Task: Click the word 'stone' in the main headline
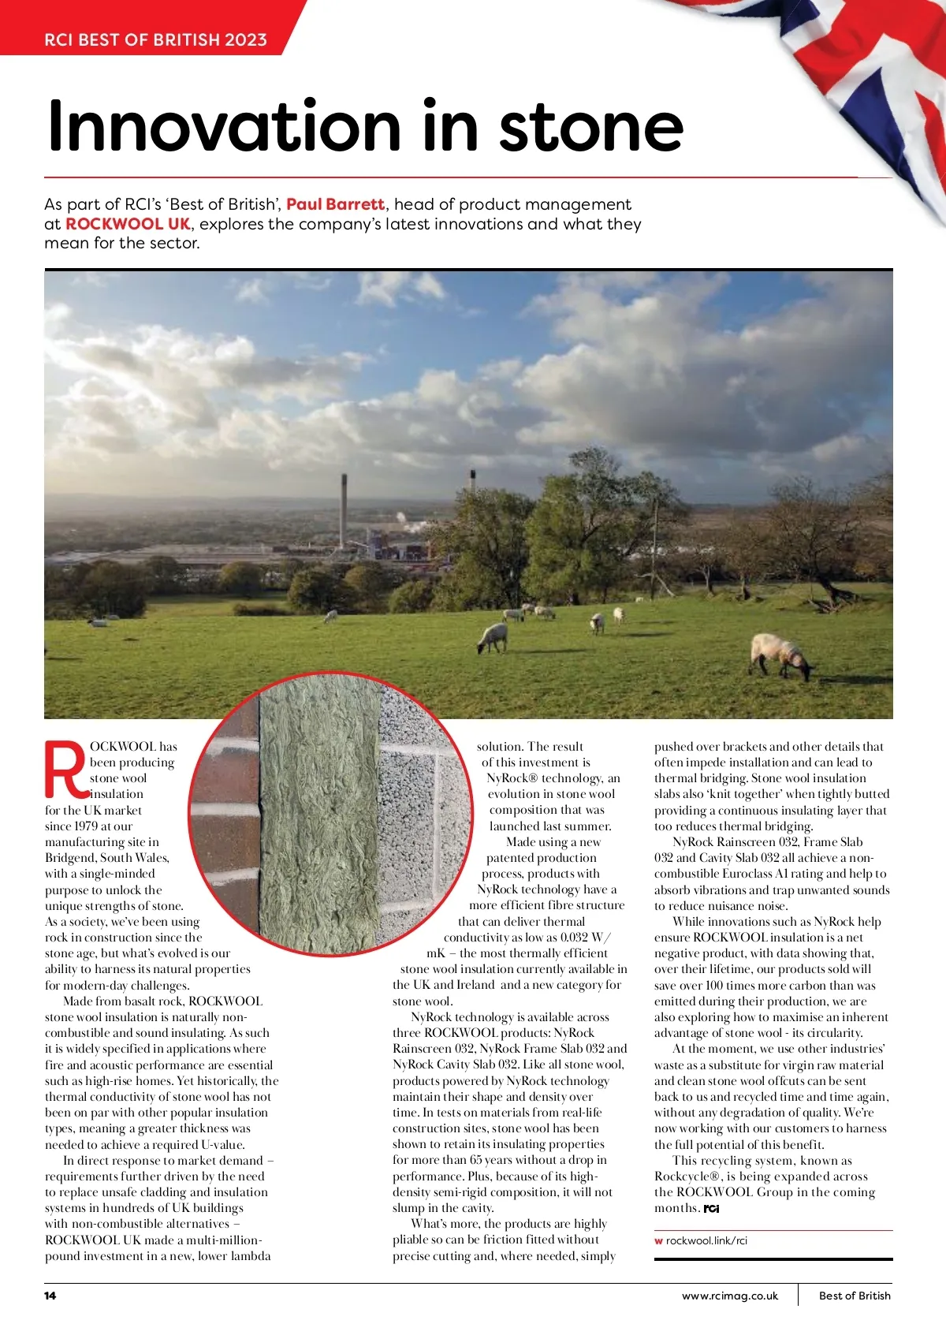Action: pos(591,128)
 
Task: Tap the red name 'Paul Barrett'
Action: pos(335,204)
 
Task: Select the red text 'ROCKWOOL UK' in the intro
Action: pos(128,224)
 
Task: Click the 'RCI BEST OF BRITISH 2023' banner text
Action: pos(155,39)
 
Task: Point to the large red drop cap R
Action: pos(65,769)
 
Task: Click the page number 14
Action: pos(50,1296)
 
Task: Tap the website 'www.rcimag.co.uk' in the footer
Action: pos(729,1296)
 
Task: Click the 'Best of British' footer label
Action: pos(855,1296)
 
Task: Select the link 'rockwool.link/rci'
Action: pos(706,1240)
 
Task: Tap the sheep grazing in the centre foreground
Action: pos(493,637)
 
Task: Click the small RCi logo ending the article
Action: pos(711,1209)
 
